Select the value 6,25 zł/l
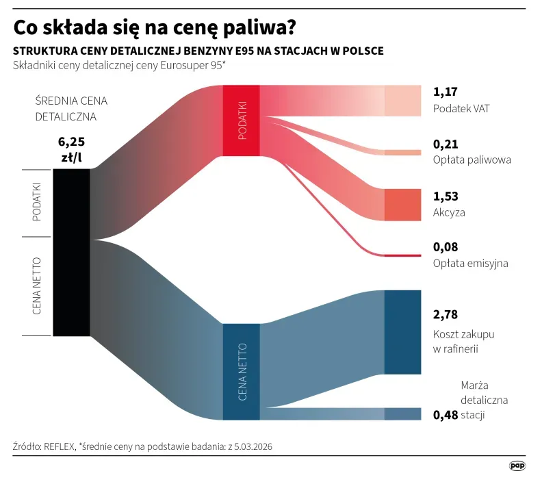tap(71, 149)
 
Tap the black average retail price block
tap(71, 252)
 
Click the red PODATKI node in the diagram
tap(241, 120)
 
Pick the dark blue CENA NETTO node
tap(241, 371)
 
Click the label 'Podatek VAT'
tap(461, 109)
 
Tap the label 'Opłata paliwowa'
tap(472, 160)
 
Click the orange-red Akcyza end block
tap(402, 205)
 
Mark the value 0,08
tap(446, 246)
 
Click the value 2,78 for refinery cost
tap(446, 315)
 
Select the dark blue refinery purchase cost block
tap(402, 332)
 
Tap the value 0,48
tap(445, 414)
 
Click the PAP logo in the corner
tap(517, 466)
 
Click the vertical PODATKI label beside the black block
tap(37, 201)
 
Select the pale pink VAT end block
tap(402, 101)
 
